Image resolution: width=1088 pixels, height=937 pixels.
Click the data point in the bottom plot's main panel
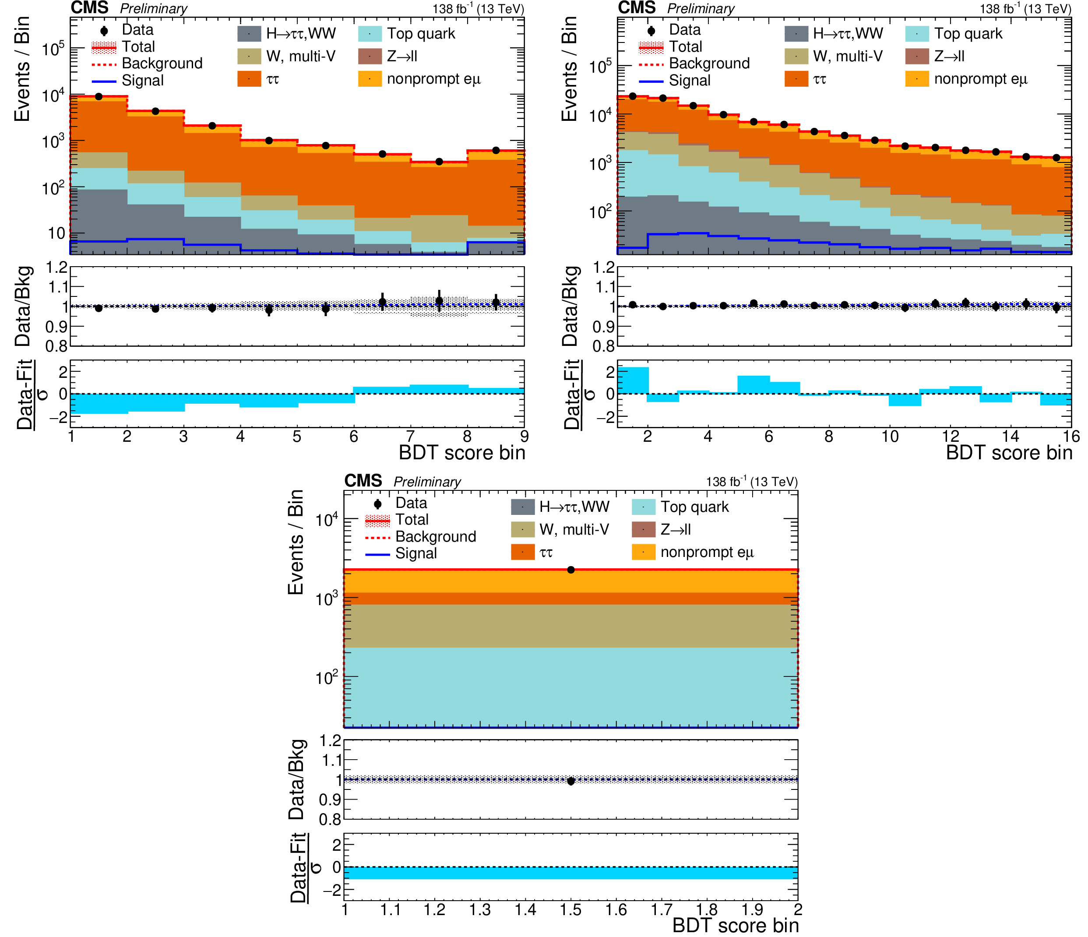[571, 570]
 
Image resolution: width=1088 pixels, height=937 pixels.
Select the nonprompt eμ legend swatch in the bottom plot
[643, 552]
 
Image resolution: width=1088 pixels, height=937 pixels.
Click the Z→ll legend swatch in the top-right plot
[917, 56]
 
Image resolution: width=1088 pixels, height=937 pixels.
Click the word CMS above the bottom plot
[363, 481]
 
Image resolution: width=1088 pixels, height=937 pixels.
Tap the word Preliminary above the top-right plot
[701, 8]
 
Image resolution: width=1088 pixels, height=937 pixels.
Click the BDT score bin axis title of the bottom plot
[735, 926]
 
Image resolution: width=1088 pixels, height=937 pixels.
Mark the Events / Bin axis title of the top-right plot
[569, 68]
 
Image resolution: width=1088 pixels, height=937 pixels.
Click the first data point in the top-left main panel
[99, 97]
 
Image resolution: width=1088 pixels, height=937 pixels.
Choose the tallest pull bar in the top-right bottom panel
[633, 380]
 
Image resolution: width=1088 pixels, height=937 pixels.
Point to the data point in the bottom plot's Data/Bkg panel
[571, 781]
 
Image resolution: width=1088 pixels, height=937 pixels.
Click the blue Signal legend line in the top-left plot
[104, 81]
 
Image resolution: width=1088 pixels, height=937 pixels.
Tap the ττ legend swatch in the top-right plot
[796, 79]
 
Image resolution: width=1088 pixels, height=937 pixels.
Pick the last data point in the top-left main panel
[496, 151]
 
